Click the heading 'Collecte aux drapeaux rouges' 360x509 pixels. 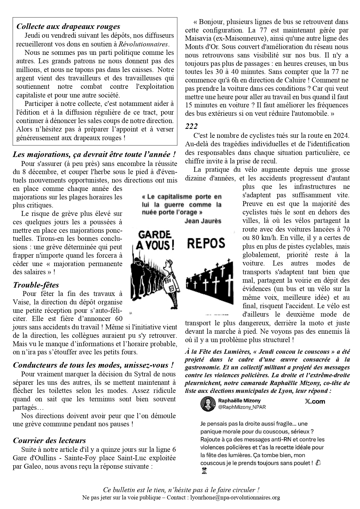(68, 26)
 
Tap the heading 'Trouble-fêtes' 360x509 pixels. (36, 285)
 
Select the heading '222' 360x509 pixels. (191, 126)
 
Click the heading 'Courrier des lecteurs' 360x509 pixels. (49, 440)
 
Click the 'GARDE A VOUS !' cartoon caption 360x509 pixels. (154, 240)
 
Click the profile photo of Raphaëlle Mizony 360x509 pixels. (207, 404)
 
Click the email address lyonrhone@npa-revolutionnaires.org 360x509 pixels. (235, 497)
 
